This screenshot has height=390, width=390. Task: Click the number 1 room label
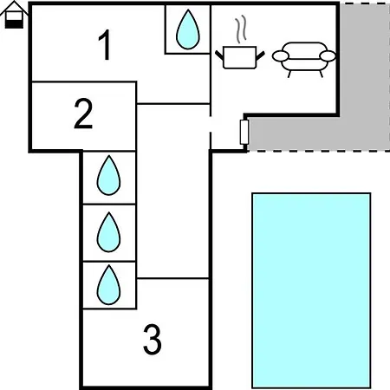click(105, 45)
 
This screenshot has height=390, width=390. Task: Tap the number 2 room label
click(83, 114)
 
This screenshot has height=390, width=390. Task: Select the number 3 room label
click(153, 340)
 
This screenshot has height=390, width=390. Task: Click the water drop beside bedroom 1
click(188, 29)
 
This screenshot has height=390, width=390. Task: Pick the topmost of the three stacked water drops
click(108, 176)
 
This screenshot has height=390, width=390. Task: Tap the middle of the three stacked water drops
click(108, 232)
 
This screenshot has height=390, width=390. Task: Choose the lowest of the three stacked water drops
click(108, 285)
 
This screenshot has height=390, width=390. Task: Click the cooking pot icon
click(240, 57)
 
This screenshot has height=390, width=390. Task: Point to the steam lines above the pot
click(241, 29)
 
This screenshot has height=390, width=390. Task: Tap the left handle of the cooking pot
click(219, 55)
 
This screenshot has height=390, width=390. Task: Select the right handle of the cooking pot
click(260, 55)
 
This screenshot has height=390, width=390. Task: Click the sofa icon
click(304, 60)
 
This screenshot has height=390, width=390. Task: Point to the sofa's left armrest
click(281, 56)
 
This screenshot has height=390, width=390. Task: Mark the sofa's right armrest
click(328, 56)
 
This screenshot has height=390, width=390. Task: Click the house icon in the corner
click(14, 15)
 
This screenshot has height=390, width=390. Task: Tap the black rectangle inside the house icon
click(14, 24)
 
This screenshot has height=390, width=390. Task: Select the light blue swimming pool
click(311, 290)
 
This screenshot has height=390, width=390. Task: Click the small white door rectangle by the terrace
click(244, 132)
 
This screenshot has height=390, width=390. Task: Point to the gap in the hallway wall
click(211, 124)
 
